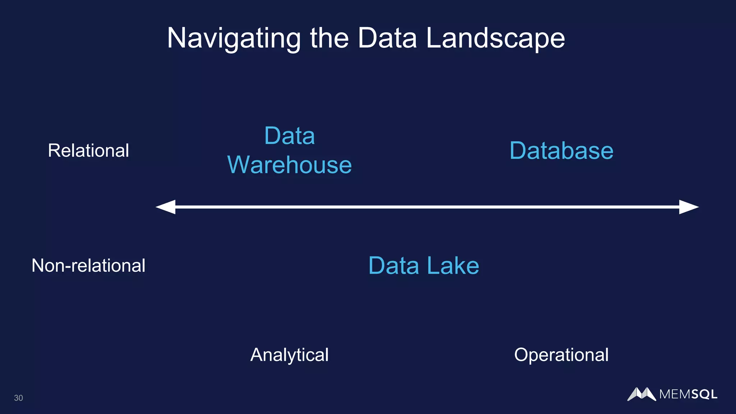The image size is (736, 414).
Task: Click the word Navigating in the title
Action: click(x=234, y=38)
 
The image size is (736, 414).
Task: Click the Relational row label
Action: click(x=88, y=150)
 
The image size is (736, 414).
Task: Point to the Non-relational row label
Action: click(x=88, y=266)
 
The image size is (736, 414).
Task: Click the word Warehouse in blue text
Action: click(x=290, y=165)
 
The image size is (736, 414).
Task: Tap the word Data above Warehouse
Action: click(x=290, y=136)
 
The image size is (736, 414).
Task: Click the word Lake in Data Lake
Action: click(x=453, y=266)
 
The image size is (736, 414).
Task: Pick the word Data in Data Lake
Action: click(x=394, y=266)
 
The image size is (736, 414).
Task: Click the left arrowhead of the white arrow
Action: click(x=166, y=207)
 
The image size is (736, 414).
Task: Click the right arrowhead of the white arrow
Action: click(x=689, y=207)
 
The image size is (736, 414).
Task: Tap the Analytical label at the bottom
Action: click(x=289, y=355)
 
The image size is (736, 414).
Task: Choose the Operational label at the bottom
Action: click(x=561, y=355)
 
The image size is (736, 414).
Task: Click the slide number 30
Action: click(x=18, y=398)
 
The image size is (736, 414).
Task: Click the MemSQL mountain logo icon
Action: click(x=641, y=394)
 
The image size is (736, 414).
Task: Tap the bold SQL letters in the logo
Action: click(x=704, y=395)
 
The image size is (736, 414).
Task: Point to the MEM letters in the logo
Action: click(x=675, y=395)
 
